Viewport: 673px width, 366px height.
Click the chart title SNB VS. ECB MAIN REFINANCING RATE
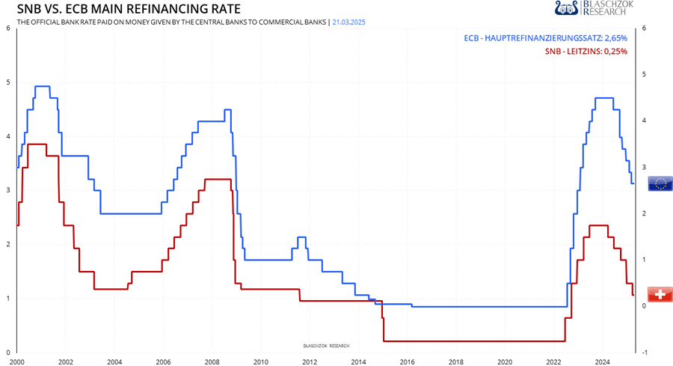coord(129,10)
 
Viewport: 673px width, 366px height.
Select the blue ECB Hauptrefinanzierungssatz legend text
coord(545,37)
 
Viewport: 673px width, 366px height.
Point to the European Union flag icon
coord(660,183)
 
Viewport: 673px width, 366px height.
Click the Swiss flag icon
coord(659,295)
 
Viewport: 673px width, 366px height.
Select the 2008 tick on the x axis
coord(212,361)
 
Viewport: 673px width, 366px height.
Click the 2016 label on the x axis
coord(407,361)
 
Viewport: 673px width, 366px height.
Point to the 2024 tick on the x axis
coord(602,361)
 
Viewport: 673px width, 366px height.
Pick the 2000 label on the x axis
coord(17,361)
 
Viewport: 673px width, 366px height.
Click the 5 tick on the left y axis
coord(7,82)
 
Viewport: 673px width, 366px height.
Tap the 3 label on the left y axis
coord(7,190)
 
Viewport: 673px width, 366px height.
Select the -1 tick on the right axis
coord(644,353)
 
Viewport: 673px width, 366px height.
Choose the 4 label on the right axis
coord(644,121)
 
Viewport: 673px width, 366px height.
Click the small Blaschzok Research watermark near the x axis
coord(325,346)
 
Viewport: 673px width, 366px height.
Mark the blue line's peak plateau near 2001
coord(43,86)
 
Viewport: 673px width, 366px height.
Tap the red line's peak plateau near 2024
coord(598,225)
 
